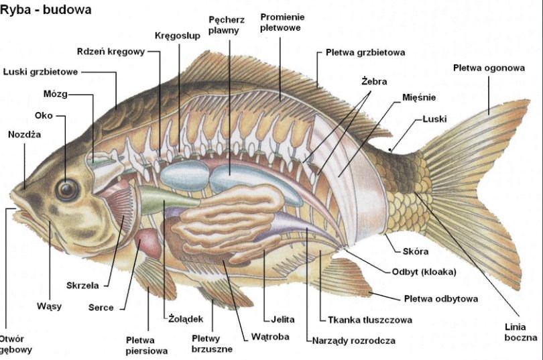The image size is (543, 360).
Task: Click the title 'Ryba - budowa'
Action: (46, 9)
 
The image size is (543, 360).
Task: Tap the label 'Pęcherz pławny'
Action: (226, 25)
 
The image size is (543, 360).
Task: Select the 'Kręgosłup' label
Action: (177, 36)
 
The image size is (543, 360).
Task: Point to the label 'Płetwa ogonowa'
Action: (489, 68)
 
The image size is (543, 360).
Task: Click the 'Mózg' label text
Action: (56, 94)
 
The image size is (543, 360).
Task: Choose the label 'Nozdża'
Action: (24, 134)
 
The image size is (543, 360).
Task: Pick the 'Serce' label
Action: (101, 308)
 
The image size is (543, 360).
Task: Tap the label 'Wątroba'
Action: (270, 337)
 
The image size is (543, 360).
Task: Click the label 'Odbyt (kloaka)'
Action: (424, 272)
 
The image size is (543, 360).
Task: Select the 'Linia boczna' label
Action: (520, 332)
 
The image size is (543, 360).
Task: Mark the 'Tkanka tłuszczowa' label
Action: (370, 320)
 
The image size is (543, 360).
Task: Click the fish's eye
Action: (67, 189)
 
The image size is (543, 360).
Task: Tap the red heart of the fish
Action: (149, 243)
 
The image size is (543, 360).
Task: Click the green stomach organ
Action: (166, 200)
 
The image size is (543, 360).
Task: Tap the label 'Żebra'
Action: (374, 82)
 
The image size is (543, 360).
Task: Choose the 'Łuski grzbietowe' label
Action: (40, 72)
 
